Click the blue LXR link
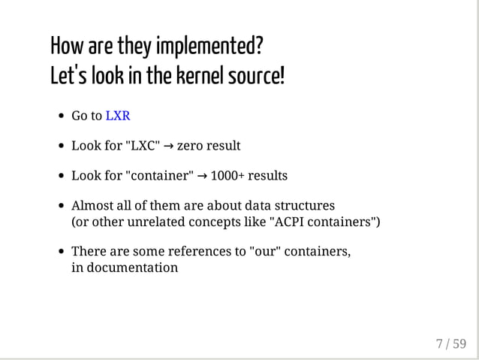(118, 116)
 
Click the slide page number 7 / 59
(450, 344)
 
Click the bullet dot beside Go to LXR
(60, 116)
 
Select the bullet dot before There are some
(60, 253)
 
